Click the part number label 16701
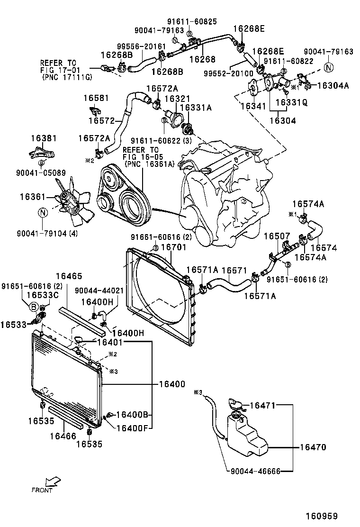point(174,247)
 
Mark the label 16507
point(276,236)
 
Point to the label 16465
point(69,276)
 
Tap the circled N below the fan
point(43,213)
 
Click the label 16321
point(177,98)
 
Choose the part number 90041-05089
point(41,173)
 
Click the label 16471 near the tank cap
point(262,405)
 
